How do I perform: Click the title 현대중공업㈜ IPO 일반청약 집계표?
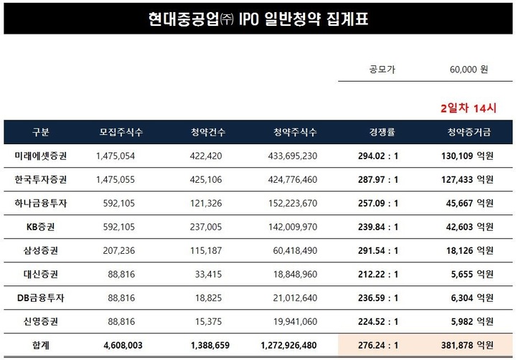[258, 17]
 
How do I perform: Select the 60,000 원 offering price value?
[469, 70]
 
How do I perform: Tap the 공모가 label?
[382, 70]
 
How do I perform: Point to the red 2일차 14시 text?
[469, 108]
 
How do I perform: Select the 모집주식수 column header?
[121, 132]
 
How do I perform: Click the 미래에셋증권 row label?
[41, 156]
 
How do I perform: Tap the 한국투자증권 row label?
[41, 179]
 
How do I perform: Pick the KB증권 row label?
[41, 227]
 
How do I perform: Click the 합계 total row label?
[41, 345]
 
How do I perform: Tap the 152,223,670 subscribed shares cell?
[286, 203]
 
